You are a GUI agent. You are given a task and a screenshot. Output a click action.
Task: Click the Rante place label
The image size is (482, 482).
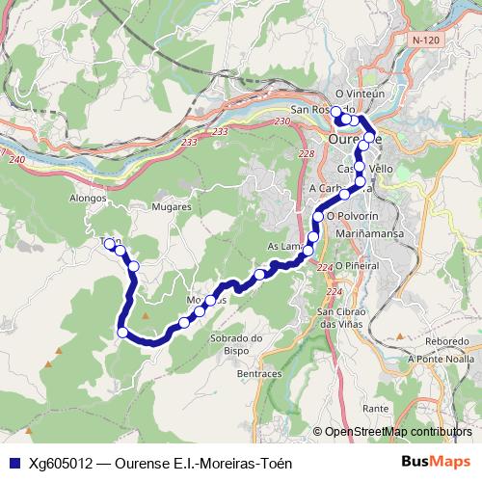click(x=375, y=409)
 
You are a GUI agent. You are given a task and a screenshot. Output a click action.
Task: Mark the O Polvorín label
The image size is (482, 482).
click(x=354, y=216)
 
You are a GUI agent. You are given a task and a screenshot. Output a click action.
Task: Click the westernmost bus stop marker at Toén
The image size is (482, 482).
click(x=109, y=244)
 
